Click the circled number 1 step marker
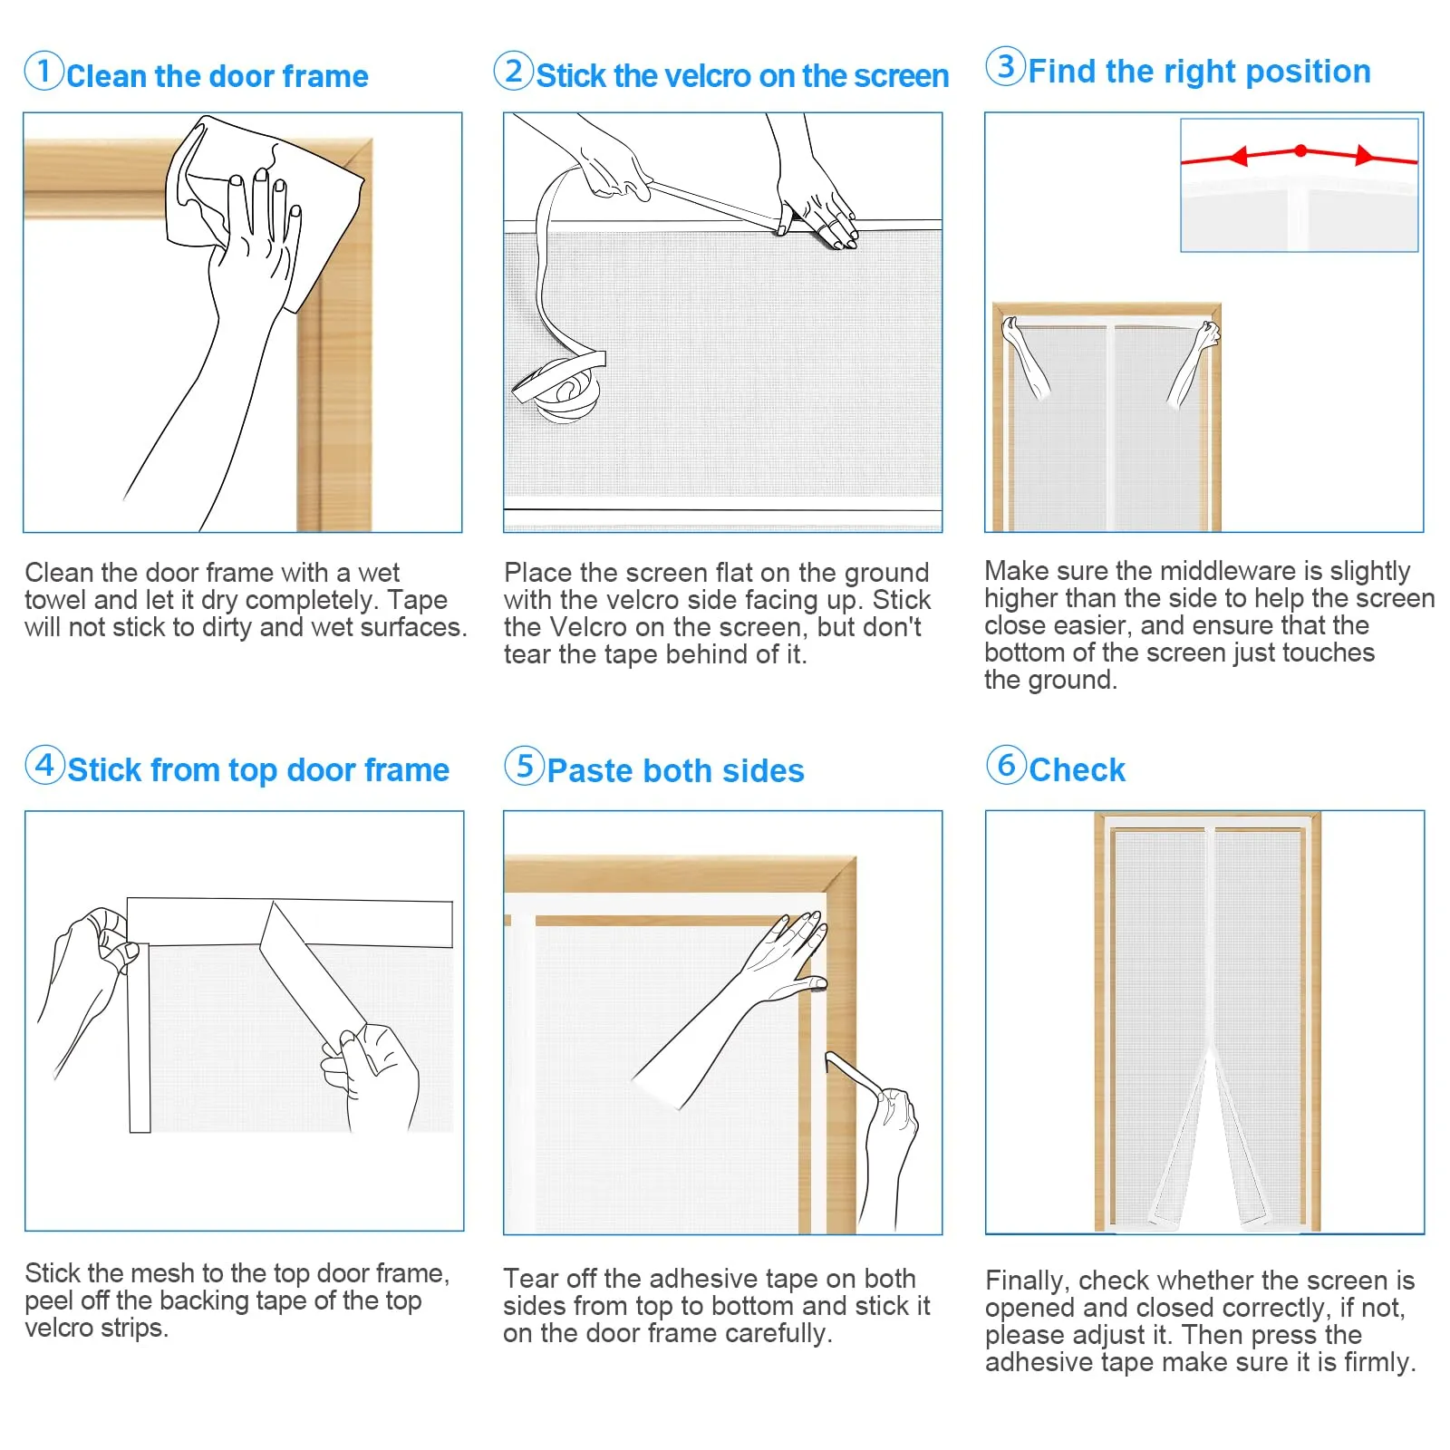tap(43, 71)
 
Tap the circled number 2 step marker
tap(514, 71)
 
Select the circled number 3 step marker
tap(1005, 66)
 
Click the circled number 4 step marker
tap(44, 765)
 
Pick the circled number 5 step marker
tap(524, 766)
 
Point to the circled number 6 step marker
tap(1006, 765)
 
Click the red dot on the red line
tap(1300, 150)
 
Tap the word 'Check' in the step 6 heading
tap(1077, 770)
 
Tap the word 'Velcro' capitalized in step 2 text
tap(592, 627)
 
